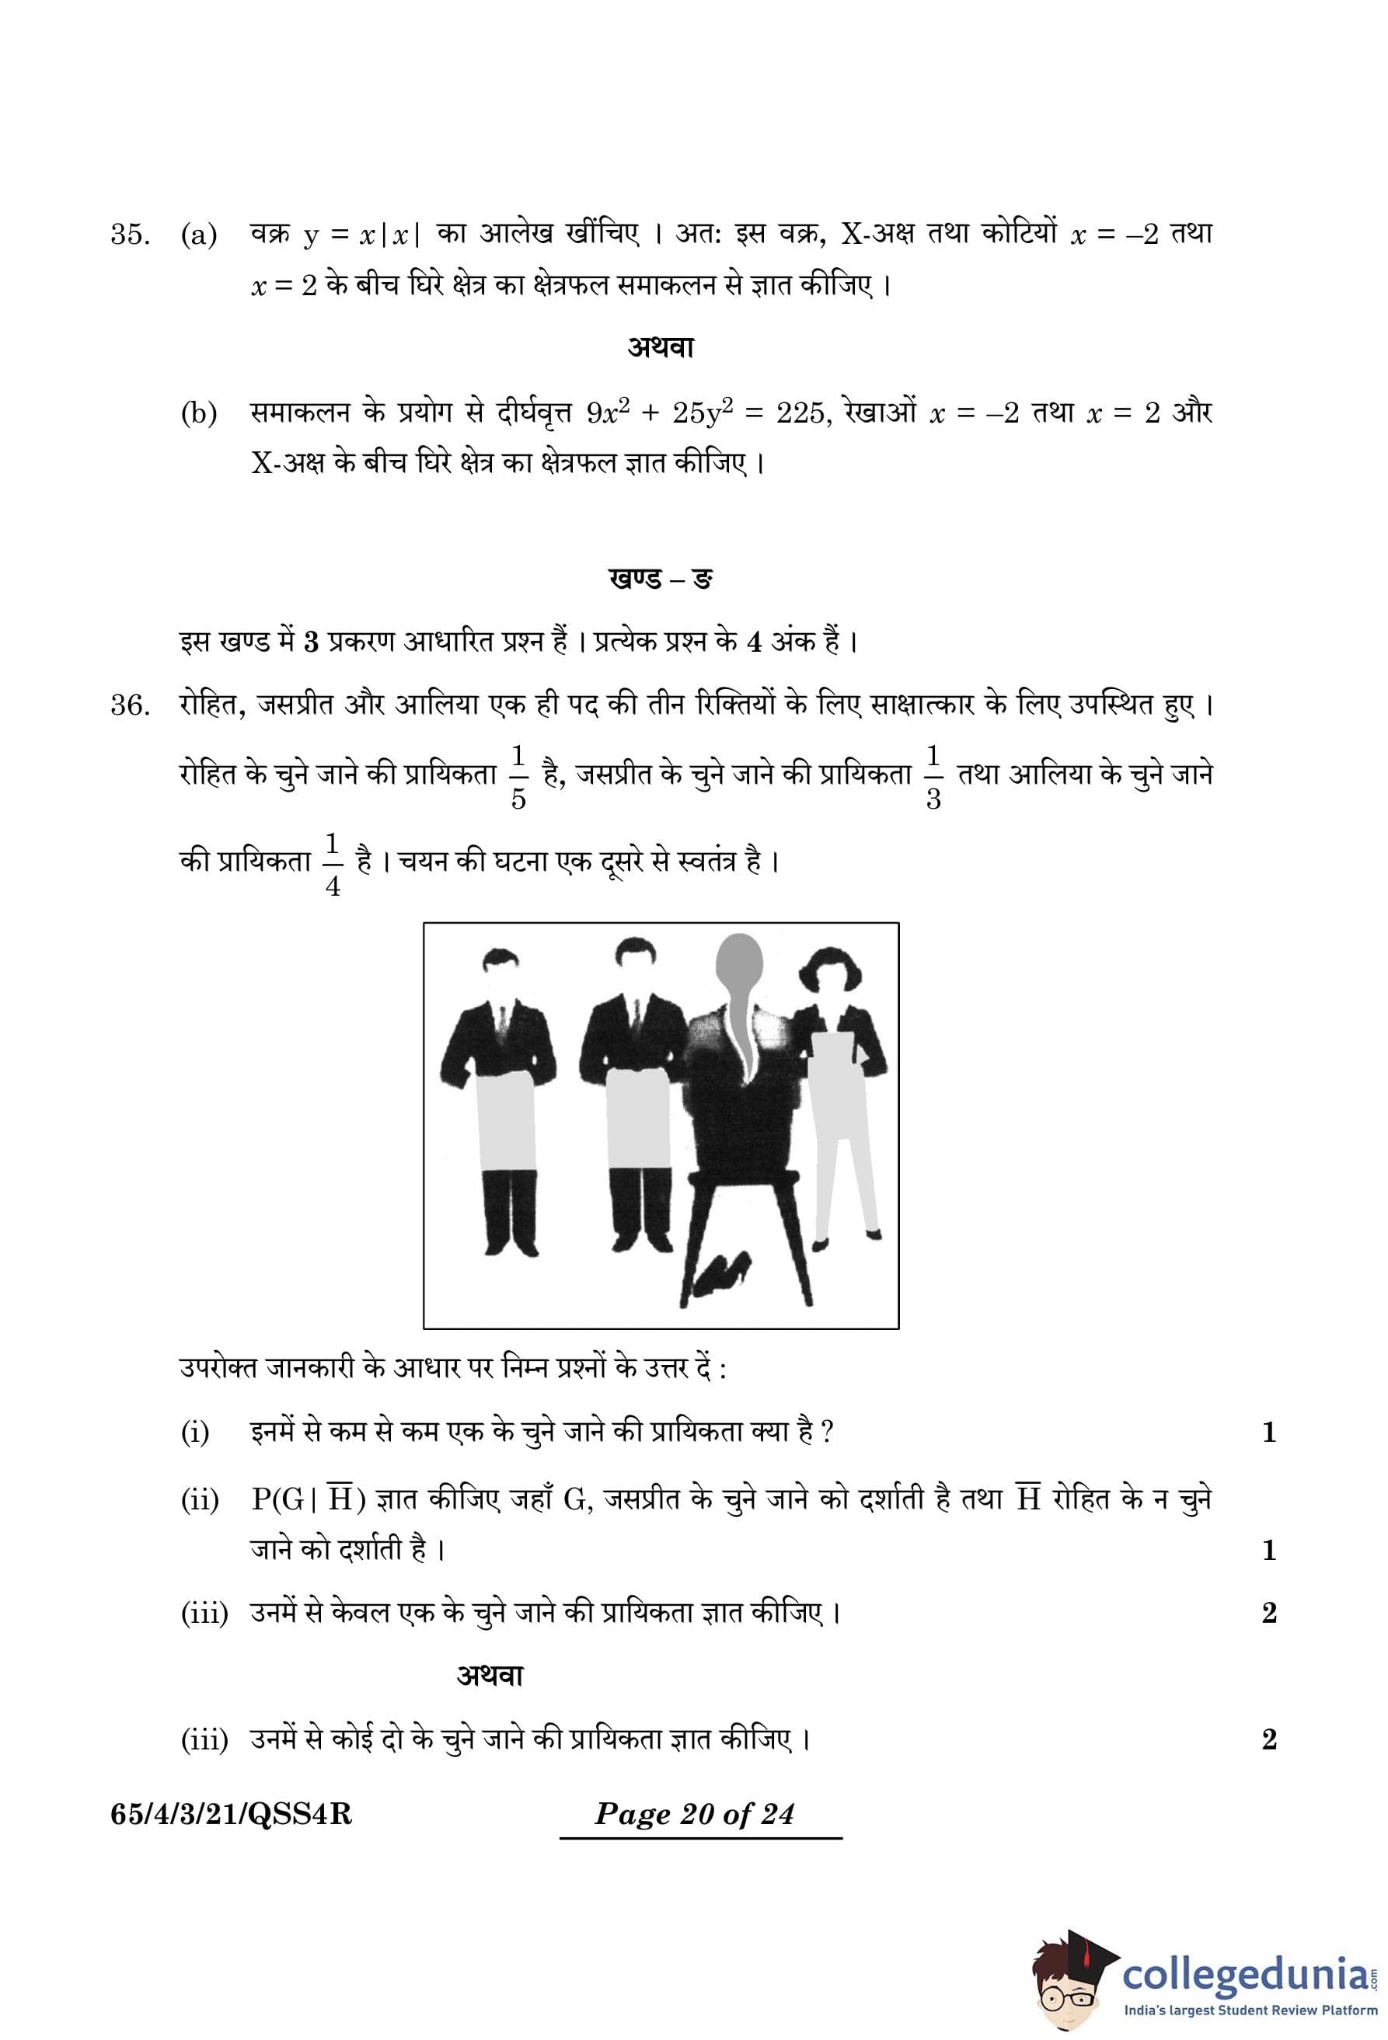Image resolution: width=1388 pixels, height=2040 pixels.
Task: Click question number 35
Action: pyautogui.click(x=129, y=235)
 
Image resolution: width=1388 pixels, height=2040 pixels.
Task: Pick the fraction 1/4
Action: pyautogui.click(x=333, y=865)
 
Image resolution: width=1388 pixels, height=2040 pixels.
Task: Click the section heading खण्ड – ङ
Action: pyautogui.click(x=661, y=580)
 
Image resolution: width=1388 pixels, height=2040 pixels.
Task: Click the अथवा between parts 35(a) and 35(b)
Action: pyautogui.click(x=661, y=347)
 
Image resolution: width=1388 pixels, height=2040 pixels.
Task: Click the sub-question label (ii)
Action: pyautogui.click(x=199, y=1501)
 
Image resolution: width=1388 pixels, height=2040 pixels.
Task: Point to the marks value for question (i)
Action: pyautogui.click(x=1268, y=1433)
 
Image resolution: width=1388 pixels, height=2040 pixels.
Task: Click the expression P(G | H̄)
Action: pyautogui.click(x=307, y=1499)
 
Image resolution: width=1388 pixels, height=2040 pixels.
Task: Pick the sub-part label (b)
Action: pyautogui.click(x=199, y=413)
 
